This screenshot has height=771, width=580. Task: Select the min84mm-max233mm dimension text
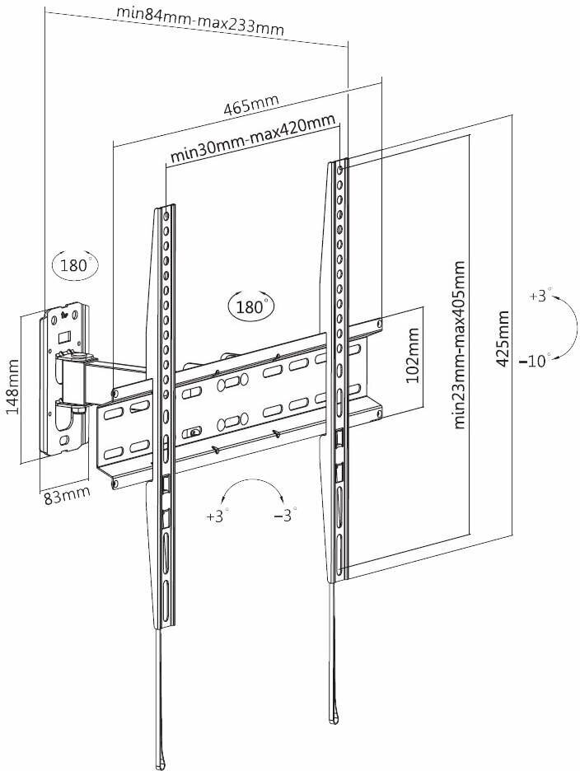200,22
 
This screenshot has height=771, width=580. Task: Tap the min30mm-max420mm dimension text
252,138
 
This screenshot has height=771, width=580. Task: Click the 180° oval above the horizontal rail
249,306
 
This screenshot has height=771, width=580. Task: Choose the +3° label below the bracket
217,516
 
